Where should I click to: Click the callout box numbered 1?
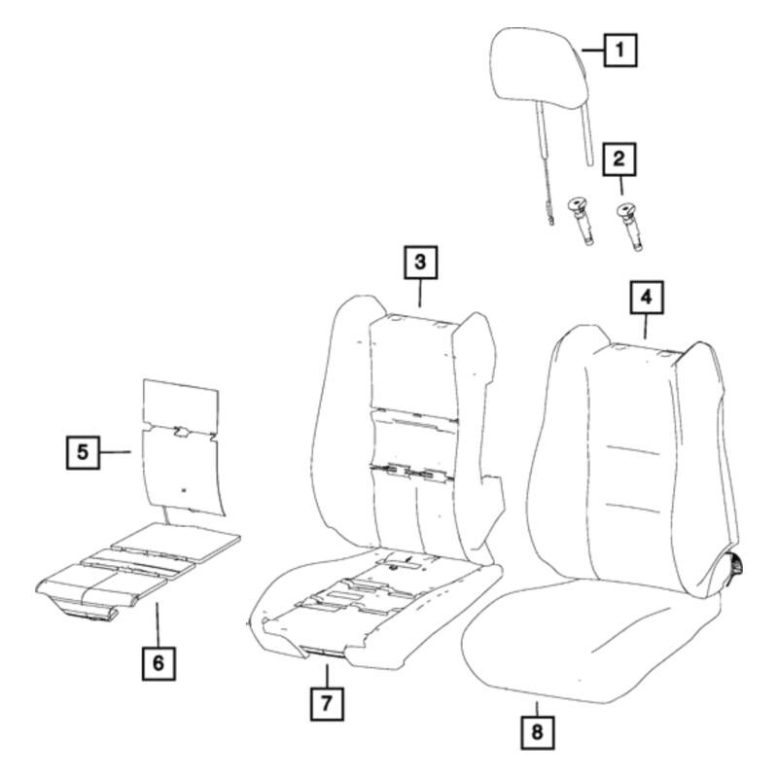click(620, 51)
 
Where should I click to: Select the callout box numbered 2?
click(619, 159)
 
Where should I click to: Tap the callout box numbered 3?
click(420, 262)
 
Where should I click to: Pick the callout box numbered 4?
click(647, 298)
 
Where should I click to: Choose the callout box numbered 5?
click(83, 452)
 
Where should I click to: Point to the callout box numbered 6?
click(159, 663)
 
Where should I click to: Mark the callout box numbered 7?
click(327, 703)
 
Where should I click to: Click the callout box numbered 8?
click(538, 733)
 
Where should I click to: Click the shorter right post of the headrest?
click(586, 135)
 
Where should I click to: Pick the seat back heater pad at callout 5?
click(182, 447)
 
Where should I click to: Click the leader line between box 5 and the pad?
click(115, 452)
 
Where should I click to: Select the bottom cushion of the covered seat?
click(589, 642)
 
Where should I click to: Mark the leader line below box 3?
click(420, 293)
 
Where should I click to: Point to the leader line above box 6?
click(158, 624)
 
